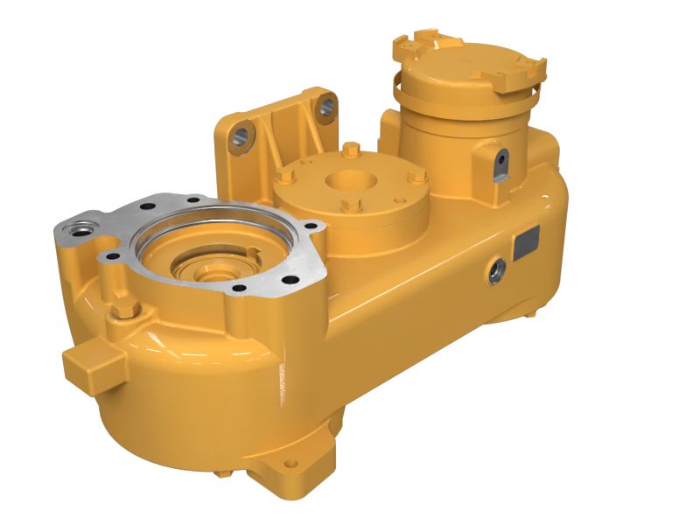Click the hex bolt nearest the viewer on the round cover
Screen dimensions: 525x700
(x=350, y=206)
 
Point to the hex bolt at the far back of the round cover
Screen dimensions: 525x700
(x=350, y=148)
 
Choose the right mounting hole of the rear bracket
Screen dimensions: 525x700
(x=325, y=107)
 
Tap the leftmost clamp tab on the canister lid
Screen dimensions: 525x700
(x=405, y=45)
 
